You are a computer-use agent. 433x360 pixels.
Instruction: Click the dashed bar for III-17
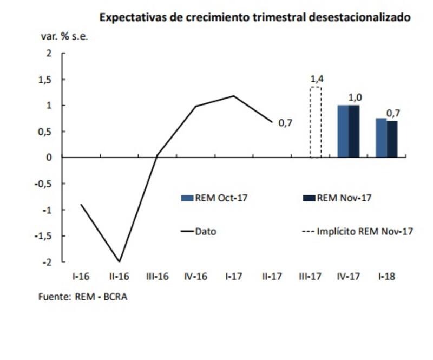(316, 122)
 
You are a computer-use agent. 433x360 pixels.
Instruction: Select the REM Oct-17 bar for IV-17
(343, 132)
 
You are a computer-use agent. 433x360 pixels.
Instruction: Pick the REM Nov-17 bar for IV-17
(353, 132)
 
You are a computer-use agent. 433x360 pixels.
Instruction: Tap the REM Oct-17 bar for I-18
(381, 138)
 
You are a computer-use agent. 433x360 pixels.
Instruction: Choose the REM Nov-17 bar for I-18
(392, 139)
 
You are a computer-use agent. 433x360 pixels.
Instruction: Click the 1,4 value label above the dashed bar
(317, 79)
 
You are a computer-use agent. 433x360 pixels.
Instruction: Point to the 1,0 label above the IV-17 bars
(355, 97)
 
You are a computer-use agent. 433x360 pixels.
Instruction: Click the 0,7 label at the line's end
(285, 123)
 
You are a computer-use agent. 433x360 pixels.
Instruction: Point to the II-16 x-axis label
(119, 277)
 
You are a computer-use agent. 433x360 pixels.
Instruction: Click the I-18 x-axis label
(386, 277)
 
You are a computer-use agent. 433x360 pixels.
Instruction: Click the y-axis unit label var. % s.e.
(64, 37)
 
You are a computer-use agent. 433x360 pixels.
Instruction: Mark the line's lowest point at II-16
(119, 261)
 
